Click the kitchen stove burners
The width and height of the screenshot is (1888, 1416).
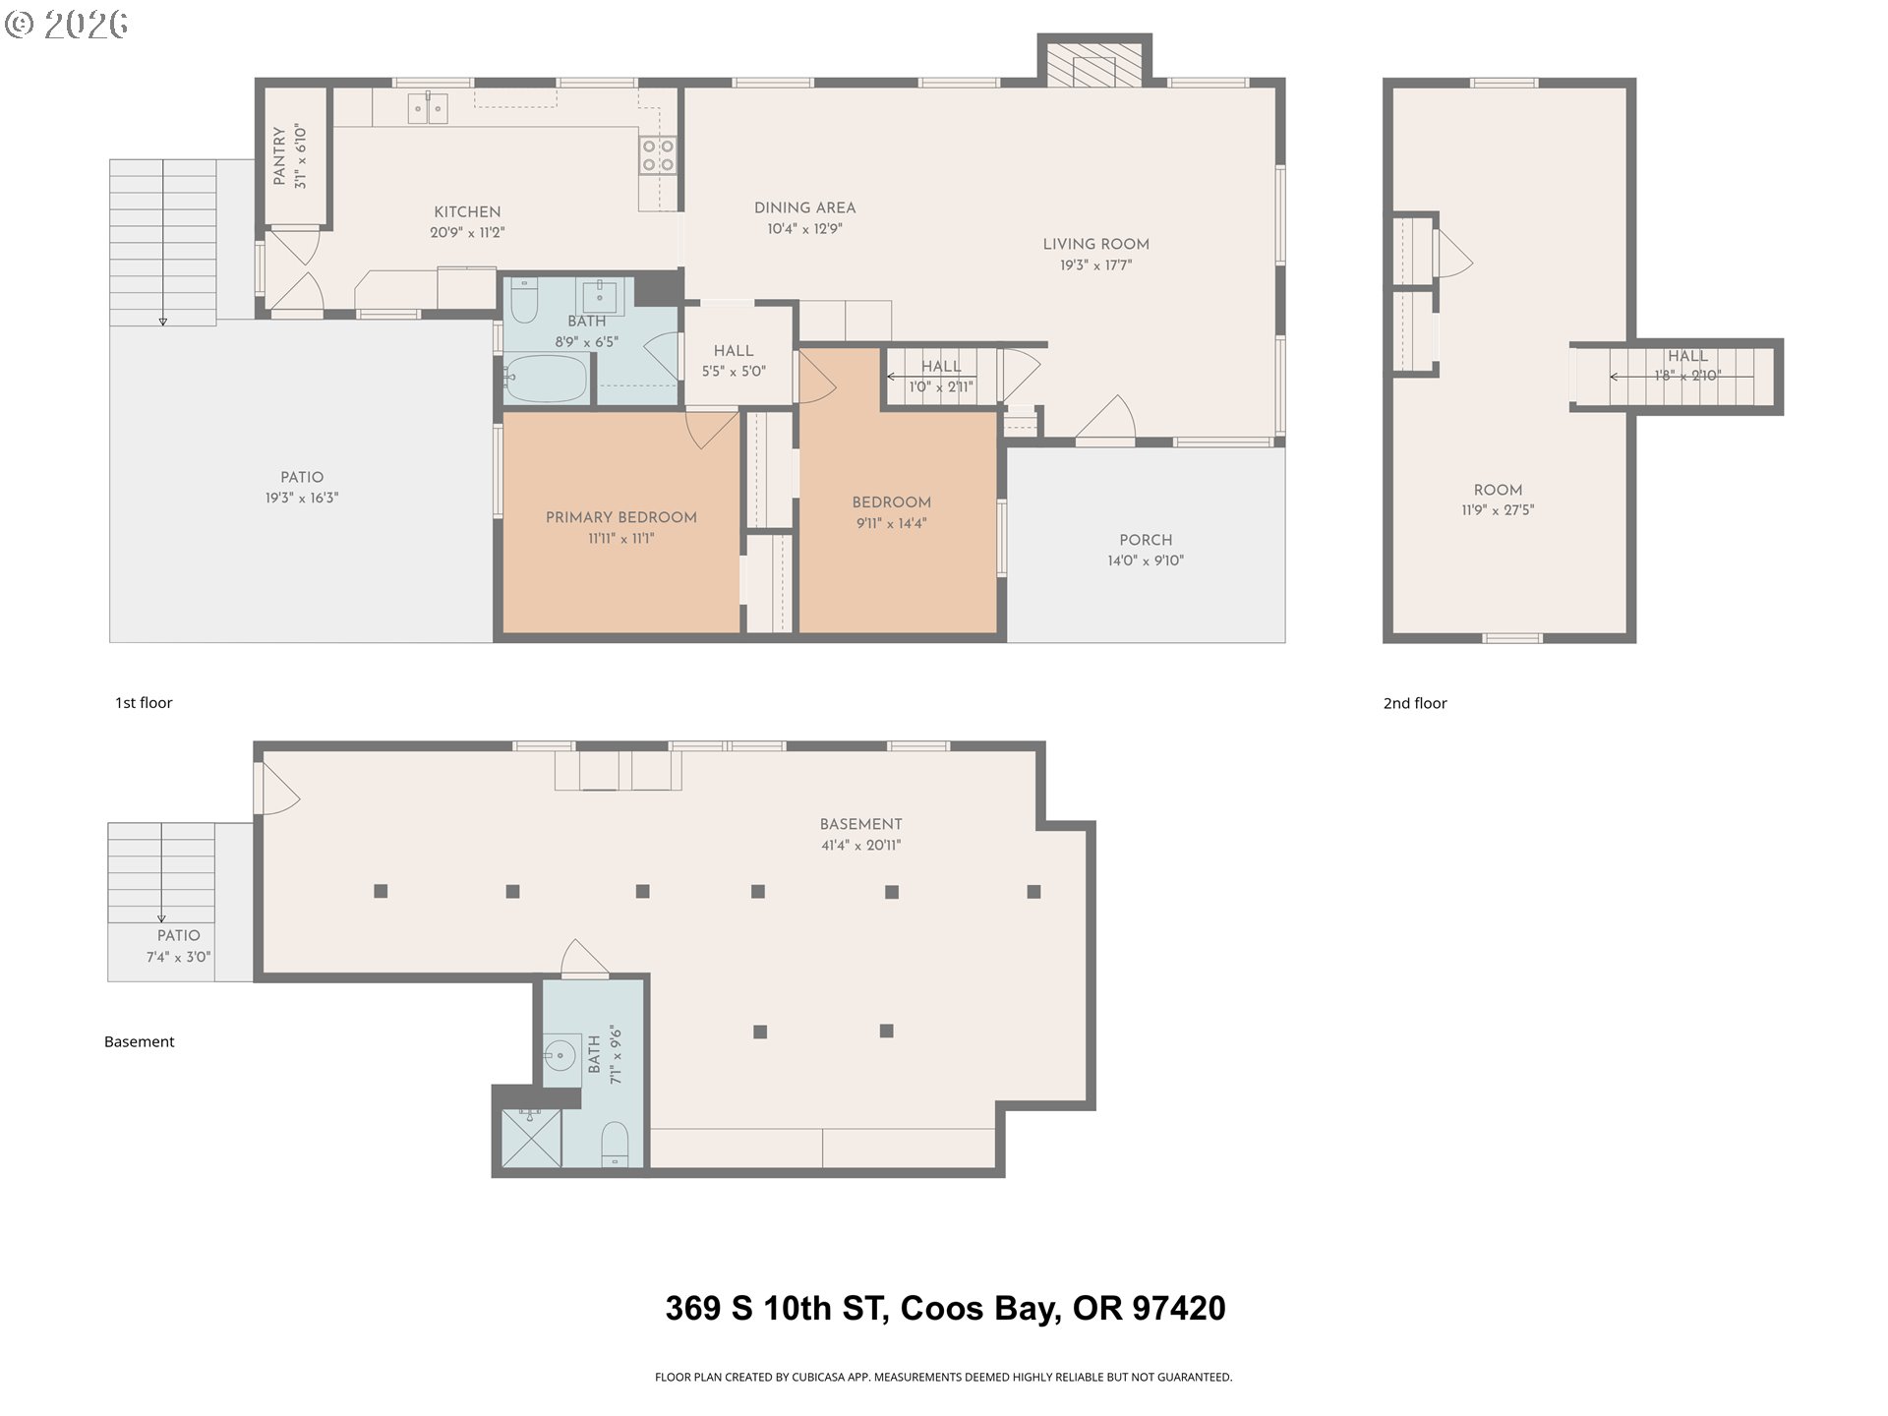click(x=658, y=155)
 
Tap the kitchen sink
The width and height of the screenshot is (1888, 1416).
click(x=428, y=108)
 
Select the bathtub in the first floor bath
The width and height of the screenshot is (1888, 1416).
click(x=546, y=379)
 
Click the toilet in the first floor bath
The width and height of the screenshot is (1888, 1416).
click(x=523, y=301)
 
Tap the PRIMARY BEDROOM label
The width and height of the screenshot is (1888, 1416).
click(x=621, y=517)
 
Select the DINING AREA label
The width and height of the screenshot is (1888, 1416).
click(x=805, y=207)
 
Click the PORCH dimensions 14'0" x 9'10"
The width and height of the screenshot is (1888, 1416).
click(x=1146, y=560)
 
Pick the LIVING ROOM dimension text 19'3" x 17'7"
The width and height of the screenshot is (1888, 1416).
click(x=1096, y=265)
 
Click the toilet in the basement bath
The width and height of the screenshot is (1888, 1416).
click(x=615, y=1143)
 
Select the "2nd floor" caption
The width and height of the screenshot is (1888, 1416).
click(x=1415, y=703)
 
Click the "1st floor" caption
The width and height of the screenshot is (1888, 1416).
click(x=144, y=702)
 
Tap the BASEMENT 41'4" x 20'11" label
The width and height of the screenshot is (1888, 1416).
click(x=861, y=834)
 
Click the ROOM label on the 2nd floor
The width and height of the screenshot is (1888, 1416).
click(x=1498, y=490)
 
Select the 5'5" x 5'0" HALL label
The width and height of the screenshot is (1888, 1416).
click(x=734, y=361)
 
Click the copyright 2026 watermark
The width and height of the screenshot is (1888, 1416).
click(x=67, y=24)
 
